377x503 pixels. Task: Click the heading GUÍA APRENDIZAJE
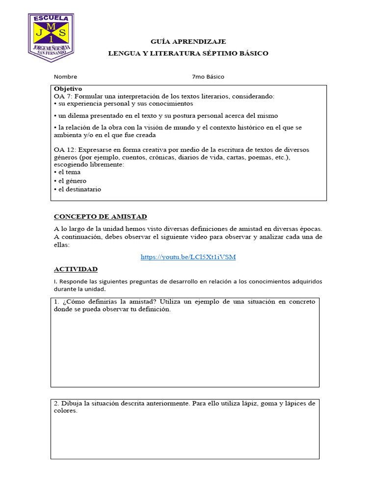click(188, 42)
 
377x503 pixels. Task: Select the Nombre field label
click(65, 77)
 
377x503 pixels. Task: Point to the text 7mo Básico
click(208, 77)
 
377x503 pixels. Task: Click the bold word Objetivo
click(68, 89)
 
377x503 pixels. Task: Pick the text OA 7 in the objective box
click(62, 96)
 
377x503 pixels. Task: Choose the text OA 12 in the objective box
click(64, 149)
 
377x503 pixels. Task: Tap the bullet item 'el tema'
click(69, 172)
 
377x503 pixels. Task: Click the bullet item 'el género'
click(72, 181)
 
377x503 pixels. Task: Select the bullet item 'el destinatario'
click(80, 189)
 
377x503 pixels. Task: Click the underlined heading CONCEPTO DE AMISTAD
click(100, 217)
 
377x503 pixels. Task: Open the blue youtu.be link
click(188, 257)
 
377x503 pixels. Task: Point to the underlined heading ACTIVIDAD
click(76, 269)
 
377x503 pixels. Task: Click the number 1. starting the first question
click(57, 302)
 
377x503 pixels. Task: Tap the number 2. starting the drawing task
click(57, 403)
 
